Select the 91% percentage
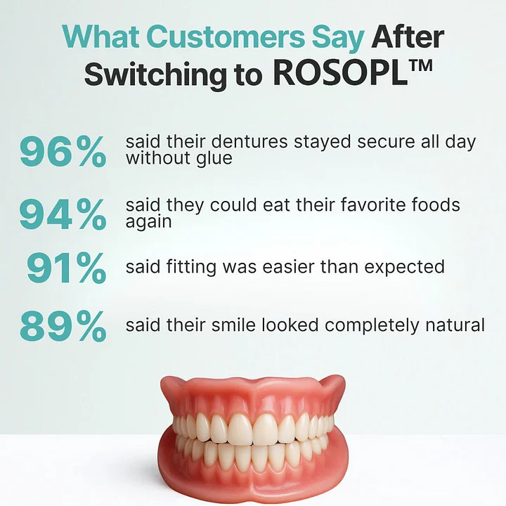coord(67,268)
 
